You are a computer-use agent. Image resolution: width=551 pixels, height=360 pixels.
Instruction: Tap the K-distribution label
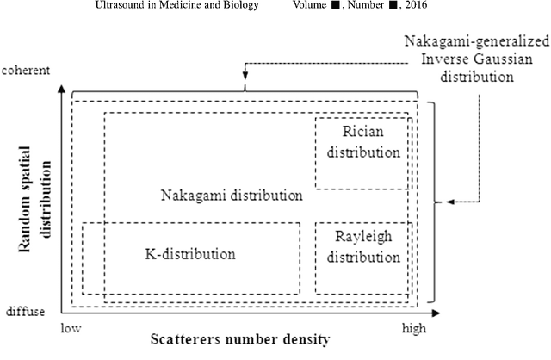[189, 254]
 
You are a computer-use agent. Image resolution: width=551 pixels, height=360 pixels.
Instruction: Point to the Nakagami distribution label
[232, 195]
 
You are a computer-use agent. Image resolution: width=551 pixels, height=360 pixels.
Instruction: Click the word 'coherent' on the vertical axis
[25, 68]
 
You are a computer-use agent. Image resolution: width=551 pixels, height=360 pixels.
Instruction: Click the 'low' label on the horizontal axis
[72, 328]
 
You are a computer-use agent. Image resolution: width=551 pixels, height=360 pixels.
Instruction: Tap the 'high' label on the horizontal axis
[414, 328]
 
